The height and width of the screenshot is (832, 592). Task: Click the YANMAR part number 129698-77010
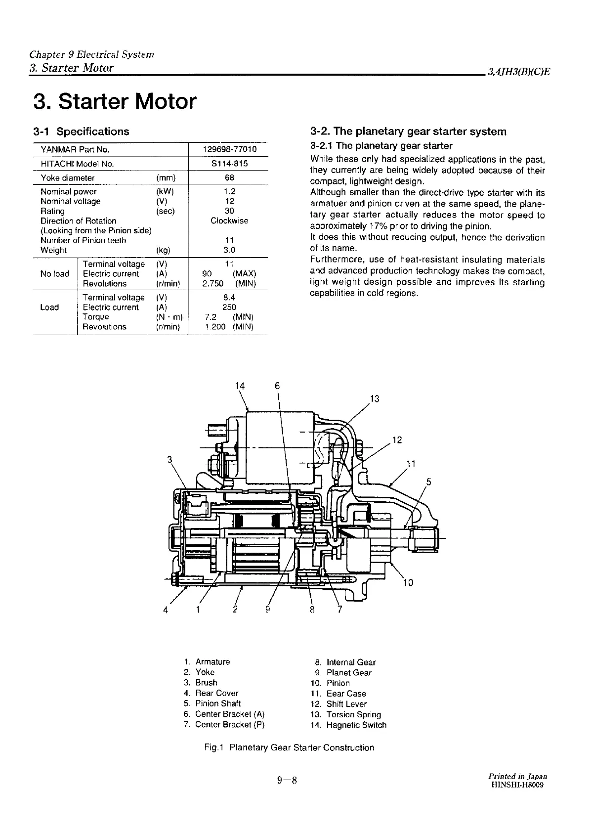coord(229,149)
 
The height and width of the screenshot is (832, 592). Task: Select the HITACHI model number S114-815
coord(229,164)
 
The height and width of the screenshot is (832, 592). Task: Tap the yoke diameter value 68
coord(229,177)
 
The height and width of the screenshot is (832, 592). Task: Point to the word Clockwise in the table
coord(229,220)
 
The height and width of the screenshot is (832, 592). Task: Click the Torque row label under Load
coord(96,317)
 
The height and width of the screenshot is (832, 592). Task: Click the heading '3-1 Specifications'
coord(81,131)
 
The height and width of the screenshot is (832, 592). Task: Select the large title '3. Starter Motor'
coord(115,101)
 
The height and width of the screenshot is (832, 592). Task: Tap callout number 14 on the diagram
coord(240,386)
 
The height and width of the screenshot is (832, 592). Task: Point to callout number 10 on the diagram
coord(408,582)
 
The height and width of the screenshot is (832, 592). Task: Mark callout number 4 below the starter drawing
coord(166,610)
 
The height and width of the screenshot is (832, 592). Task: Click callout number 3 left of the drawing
coord(169,459)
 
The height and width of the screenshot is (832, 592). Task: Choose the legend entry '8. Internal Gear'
coord(345,662)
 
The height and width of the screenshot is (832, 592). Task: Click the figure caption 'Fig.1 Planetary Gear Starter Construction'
coord(289,747)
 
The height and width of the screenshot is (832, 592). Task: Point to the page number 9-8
coord(287,781)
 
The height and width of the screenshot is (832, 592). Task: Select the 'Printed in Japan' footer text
coord(517,776)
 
